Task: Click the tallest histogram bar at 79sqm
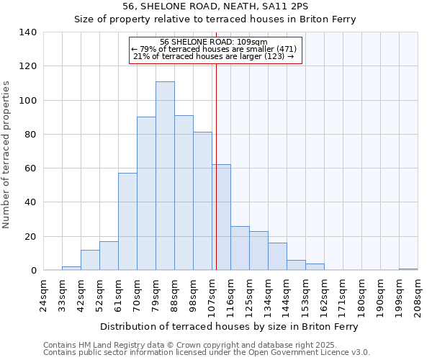coord(165,176)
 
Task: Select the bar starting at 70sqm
coord(146,194)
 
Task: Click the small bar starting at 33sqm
coord(71,268)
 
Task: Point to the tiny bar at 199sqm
coord(408,269)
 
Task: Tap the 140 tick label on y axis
coord(28,32)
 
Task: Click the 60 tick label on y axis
coord(31,168)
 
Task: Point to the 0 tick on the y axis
coord(34,271)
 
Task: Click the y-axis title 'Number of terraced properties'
coord(7,155)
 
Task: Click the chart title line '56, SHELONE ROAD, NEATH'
coord(215,6)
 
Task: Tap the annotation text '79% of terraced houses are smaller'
coord(215,49)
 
